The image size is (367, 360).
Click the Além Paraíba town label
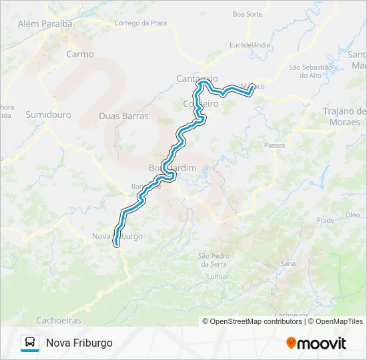pos(45,23)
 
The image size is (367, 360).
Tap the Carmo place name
pos(80,55)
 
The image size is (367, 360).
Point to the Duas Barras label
pos(123,115)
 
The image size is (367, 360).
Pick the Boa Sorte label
pos(247,13)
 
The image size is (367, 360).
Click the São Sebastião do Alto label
pos(311,71)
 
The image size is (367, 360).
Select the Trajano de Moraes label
pos(344,117)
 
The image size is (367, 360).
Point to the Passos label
pos(275,145)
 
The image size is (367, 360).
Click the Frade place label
pos(326,220)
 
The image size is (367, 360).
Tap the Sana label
pos(288,264)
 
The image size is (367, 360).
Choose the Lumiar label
pos(218,276)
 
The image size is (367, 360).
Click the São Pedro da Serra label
pos(214,260)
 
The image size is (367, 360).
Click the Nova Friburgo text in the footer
pos(79,343)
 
